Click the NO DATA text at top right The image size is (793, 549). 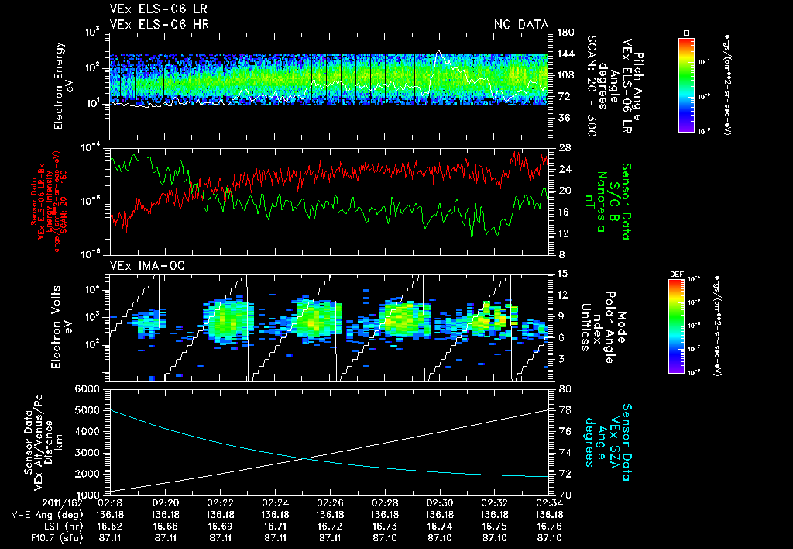(520, 25)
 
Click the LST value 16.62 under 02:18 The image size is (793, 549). (112, 524)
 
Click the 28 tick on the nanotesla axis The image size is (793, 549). (562, 148)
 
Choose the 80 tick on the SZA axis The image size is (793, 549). (562, 388)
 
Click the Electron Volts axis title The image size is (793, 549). (64, 329)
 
